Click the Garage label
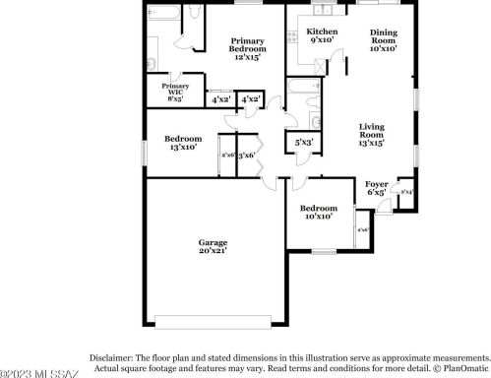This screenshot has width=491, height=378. (213, 242)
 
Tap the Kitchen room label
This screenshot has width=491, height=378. (322, 31)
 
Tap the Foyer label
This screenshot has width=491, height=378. (377, 184)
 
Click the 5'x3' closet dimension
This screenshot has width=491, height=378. (305, 144)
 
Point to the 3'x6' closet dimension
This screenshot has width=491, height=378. (246, 155)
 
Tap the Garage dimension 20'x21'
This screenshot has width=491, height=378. (213, 252)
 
